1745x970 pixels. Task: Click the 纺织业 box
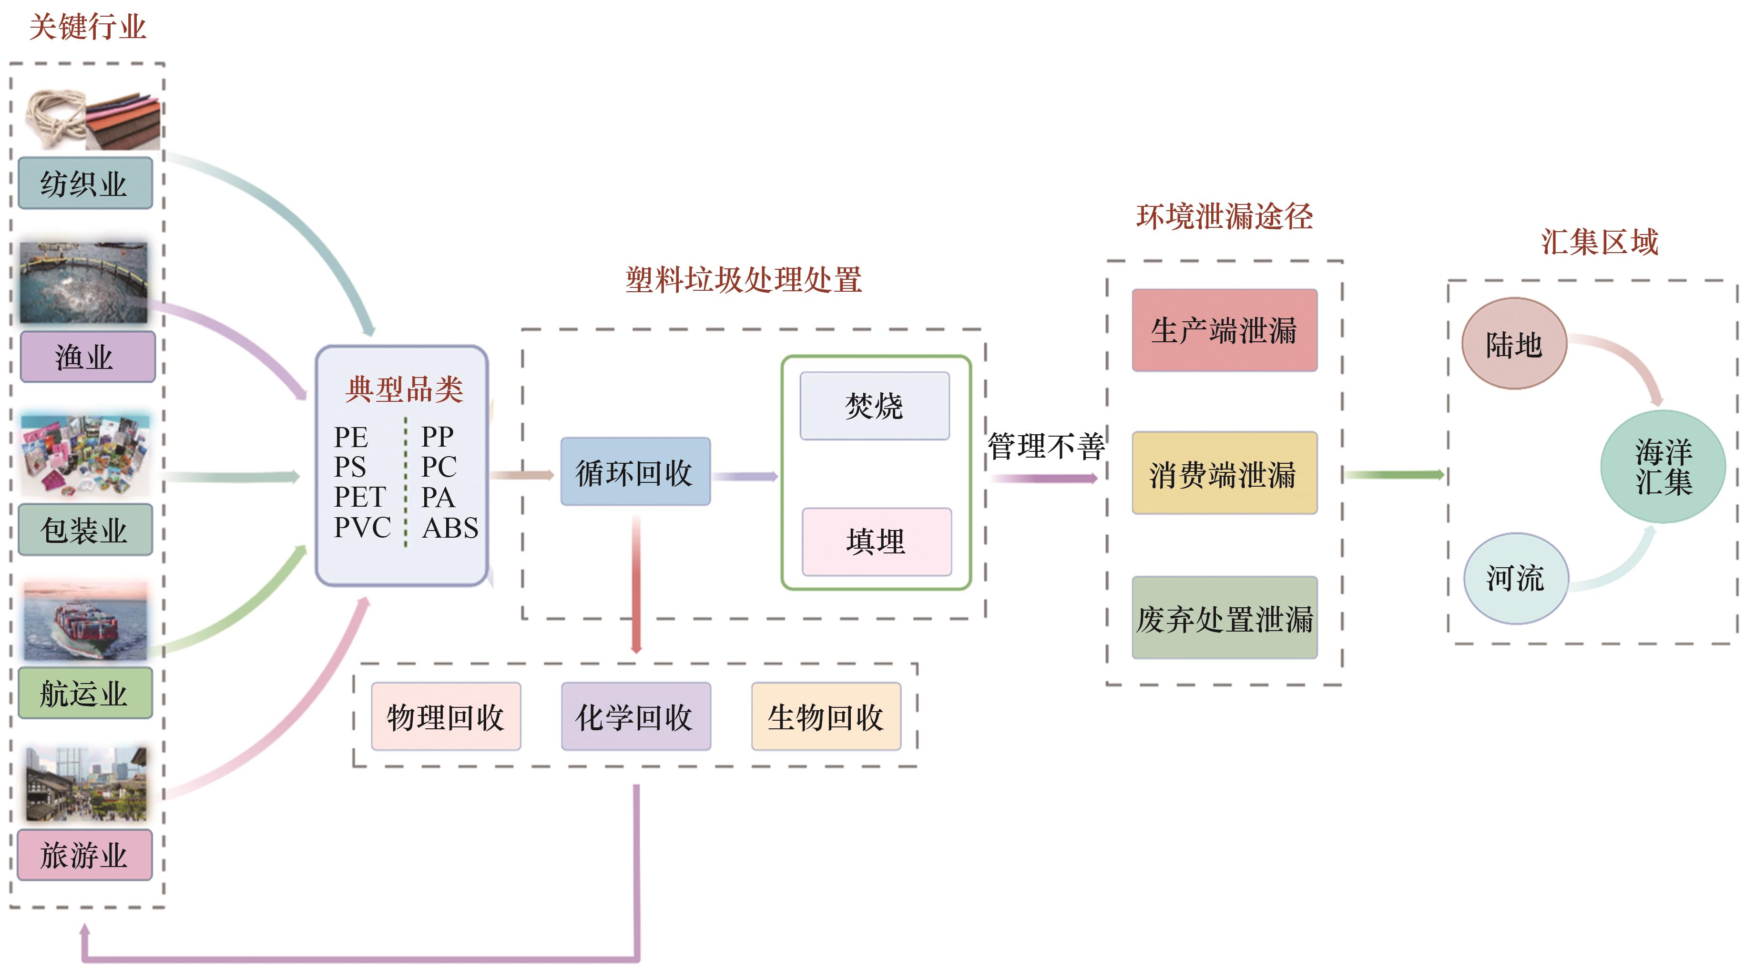pyautogui.click(x=85, y=183)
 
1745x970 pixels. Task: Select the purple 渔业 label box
pyautogui.click(x=87, y=357)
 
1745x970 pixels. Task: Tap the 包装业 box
pyautogui.click(x=85, y=530)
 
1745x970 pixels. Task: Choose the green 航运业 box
pyautogui.click(x=85, y=693)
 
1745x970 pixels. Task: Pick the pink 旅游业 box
pyautogui.click(x=85, y=855)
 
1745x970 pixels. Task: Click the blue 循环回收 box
pyautogui.click(x=635, y=472)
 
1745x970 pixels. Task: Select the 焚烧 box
pyautogui.click(x=874, y=406)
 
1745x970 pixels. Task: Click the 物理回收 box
pyautogui.click(x=446, y=717)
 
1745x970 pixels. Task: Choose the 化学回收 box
pyautogui.click(x=635, y=717)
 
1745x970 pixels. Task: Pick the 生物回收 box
pyautogui.click(x=826, y=717)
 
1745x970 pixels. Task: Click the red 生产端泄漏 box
pyautogui.click(x=1224, y=330)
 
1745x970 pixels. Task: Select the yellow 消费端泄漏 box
pyautogui.click(x=1224, y=473)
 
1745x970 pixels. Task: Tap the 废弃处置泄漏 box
pyautogui.click(x=1224, y=618)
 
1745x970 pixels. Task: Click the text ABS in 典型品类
pyautogui.click(x=450, y=528)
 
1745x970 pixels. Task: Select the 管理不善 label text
pyautogui.click(x=1045, y=446)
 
